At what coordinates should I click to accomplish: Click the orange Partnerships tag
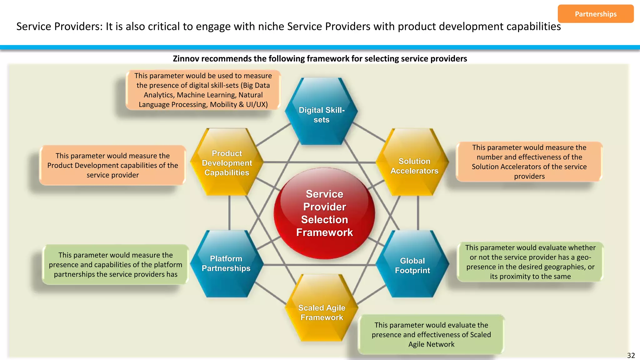pyautogui.click(x=595, y=14)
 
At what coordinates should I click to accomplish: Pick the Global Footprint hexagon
pyautogui.click(x=412, y=264)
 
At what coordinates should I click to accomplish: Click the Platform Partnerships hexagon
pyautogui.click(x=226, y=264)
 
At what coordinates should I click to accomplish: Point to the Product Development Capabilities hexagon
pyautogui.click(x=227, y=162)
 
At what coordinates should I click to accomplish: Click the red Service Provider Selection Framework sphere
pyautogui.click(x=324, y=213)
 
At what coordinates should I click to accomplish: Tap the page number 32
pyautogui.click(x=631, y=355)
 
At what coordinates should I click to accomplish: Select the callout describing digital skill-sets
pyautogui.click(x=203, y=90)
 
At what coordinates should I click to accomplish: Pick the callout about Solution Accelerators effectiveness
pyautogui.click(x=529, y=162)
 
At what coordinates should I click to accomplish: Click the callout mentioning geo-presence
pyautogui.click(x=530, y=262)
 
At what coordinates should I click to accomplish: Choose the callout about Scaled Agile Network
pyautogui.click(x=431, y=334)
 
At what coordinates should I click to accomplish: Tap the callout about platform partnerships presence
pyautogui.click(x=115, y=264)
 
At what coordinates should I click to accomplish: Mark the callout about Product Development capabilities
pyautogui.click(x=112, y=165)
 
